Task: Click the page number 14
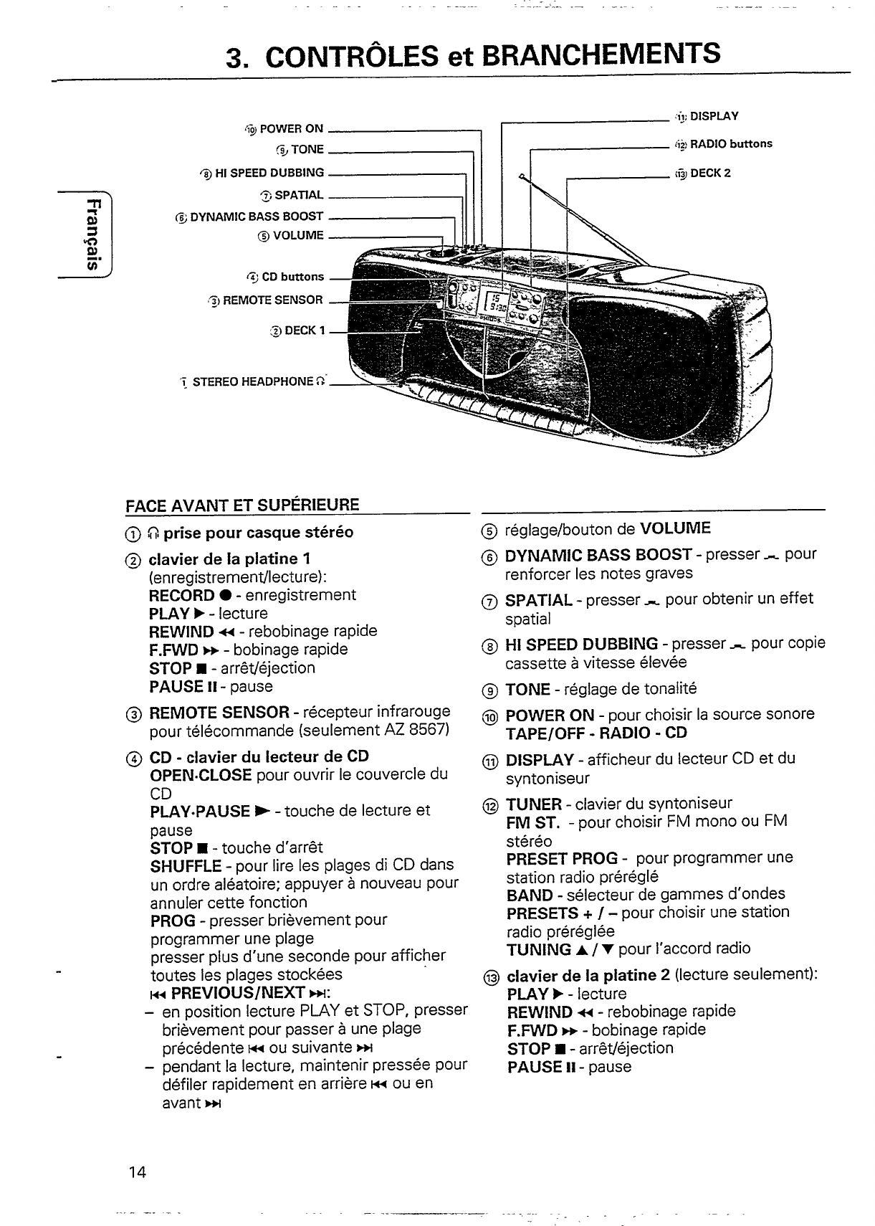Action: [138, 1173]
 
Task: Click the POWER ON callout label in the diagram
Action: [291, 129]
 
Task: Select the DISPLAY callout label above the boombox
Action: [714, 116]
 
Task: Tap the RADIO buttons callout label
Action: [730, 144]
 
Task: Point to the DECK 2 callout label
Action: [709, 174]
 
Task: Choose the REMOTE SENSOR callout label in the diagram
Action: [273, 300]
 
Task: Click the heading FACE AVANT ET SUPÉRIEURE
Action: [242, 505]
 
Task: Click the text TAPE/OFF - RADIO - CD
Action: [596, 733]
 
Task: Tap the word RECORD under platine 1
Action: [181, 595]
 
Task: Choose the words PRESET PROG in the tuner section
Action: [562, 858]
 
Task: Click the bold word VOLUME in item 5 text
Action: [675, 529]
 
